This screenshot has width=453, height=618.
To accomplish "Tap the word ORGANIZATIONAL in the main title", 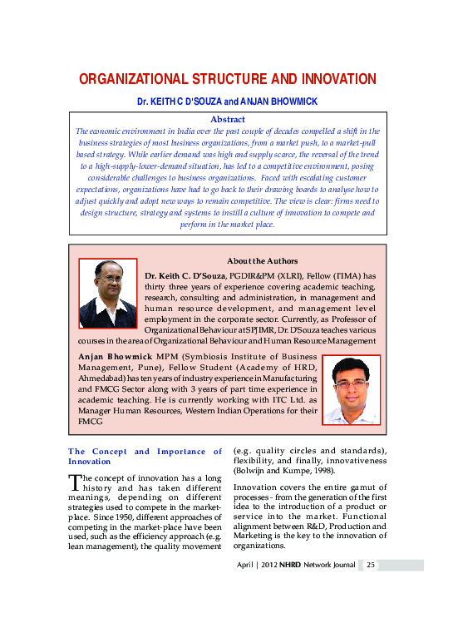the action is pyautogui.click(x=134, y=80).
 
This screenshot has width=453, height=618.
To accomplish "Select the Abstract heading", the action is pyautogui.click(x=226, y=120).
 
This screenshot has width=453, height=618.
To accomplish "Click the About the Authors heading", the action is pyautogui.click(x=261, y=260).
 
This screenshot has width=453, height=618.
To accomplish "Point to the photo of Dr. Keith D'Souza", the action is pyautogui.click(x=108, y=294).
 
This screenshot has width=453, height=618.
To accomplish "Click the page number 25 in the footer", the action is pyautogui.click(x=372, y=565).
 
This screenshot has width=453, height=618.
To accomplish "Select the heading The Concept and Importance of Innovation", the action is pyautogui.click(x=145, y=456).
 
